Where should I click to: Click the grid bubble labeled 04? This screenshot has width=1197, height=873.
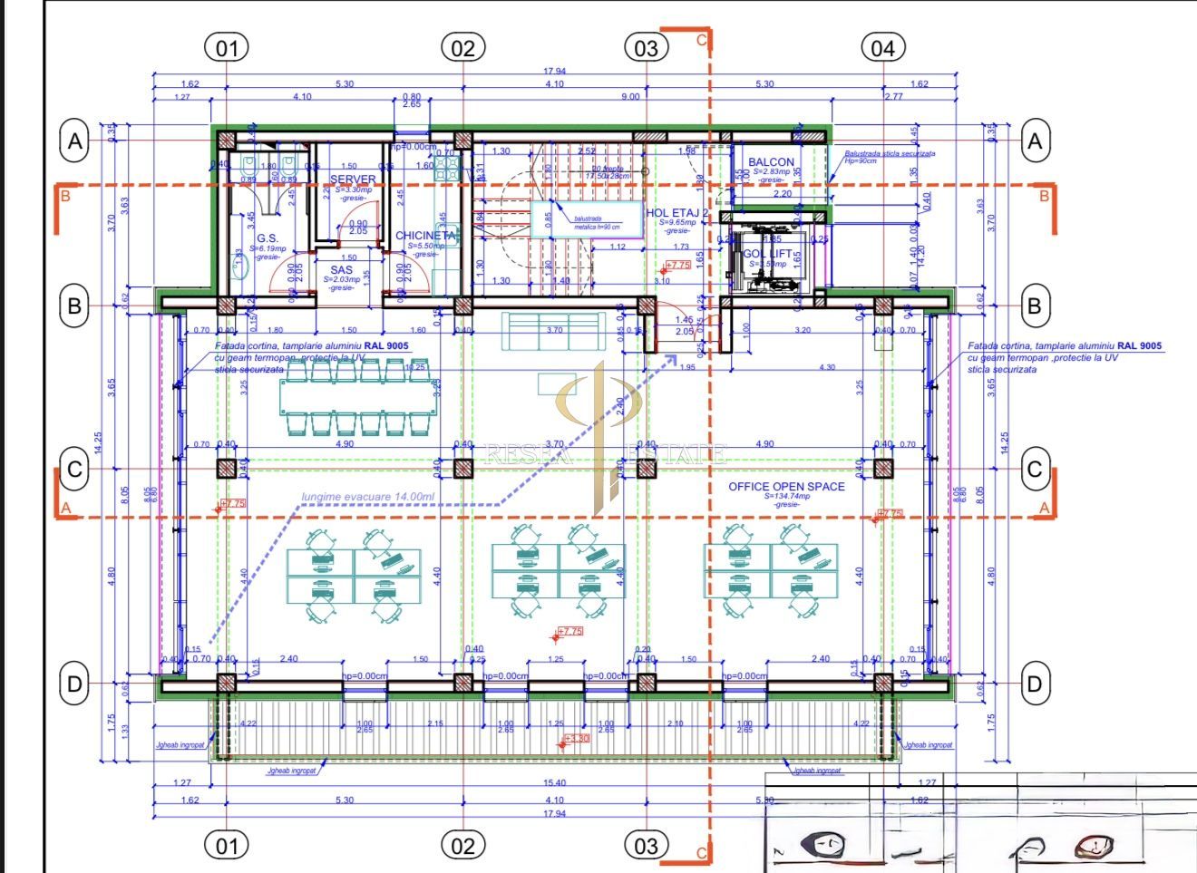tap(882, 47)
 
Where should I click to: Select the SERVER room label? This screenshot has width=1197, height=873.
tap(353, 179)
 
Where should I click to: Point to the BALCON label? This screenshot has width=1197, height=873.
tap(771, 162)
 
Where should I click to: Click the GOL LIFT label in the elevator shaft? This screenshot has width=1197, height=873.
tap(768, 254)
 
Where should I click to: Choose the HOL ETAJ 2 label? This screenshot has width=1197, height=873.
tap(677, 213)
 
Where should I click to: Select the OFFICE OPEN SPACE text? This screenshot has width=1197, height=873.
tap(786, 487)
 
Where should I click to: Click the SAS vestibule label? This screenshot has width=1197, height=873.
tap(341, 270)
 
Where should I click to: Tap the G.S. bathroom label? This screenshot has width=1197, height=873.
tap(267, 238)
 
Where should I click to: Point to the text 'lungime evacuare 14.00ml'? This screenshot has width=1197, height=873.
tap(368, 497)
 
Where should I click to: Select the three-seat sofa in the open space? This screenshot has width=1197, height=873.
tap(554, 331)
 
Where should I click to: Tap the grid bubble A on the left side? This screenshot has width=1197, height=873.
tap(75, 141)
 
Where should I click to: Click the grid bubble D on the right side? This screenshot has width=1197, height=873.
tap(1034, 684)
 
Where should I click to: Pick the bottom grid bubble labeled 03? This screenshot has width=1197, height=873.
tap(646, 846)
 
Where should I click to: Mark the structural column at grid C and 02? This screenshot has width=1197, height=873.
tap(463, 469)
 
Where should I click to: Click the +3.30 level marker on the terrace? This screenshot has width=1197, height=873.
tap(577, 739)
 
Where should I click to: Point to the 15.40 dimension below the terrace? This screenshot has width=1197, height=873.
tap(554, 782)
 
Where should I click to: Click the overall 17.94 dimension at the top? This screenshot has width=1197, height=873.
tap(554, 71)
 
